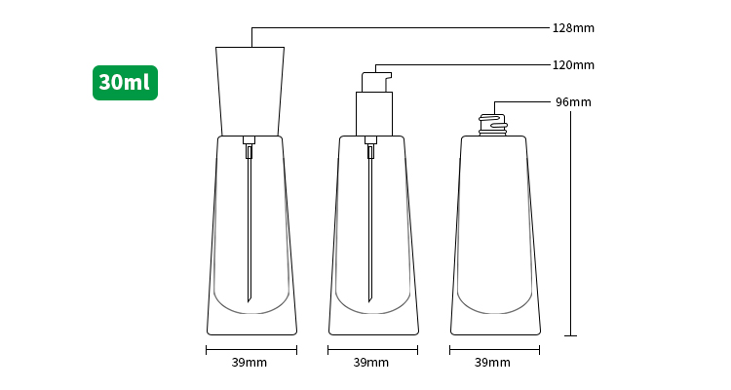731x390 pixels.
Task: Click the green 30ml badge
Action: (125, 83)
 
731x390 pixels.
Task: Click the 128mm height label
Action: (573, 28)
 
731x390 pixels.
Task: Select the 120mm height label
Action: (573, 65)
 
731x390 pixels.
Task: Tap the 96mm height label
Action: (573, 102)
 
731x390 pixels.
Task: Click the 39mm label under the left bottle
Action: (249, 363)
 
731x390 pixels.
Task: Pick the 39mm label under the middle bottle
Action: (370, 363)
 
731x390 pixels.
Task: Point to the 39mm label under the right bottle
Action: (492, 363)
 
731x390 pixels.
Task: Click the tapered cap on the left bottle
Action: (250, 91)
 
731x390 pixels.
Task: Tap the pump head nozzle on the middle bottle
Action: (376, 82)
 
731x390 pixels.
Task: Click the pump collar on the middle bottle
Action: (374, 114)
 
